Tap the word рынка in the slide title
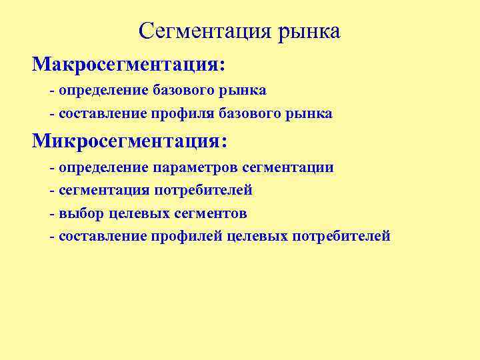(x=309, y=31)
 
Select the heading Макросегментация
(x=125, y=65)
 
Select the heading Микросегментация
(x=127, y=141)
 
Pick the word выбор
(x=81, y=213)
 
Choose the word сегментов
(x=209, y=213)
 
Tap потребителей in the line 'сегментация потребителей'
(x=203, y=191)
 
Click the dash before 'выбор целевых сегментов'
(x=52, y=213)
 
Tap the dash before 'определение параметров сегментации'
(x=52, y=167)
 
